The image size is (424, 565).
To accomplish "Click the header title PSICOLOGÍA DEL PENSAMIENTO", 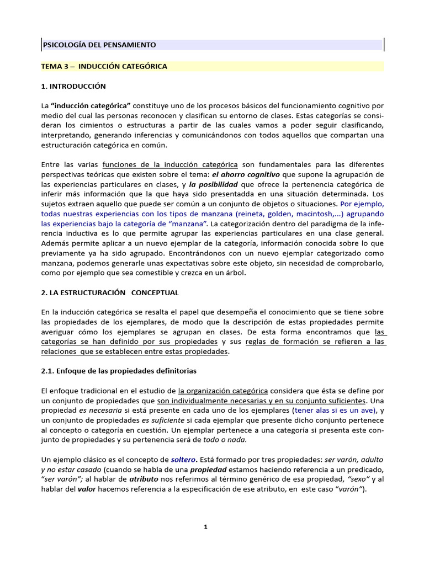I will (99, 45).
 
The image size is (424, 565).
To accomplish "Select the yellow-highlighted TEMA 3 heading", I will (104, 66).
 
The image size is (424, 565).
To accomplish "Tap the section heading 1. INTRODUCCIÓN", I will (73, 87).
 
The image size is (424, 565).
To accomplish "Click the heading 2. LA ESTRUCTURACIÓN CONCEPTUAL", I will (110, 292).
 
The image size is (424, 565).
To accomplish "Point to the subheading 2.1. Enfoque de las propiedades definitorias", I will (119, 371).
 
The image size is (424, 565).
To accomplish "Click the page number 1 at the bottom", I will (205, 527).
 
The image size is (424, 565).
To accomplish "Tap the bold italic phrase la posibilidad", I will (214, 184).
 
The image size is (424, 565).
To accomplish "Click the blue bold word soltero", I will (183, 459).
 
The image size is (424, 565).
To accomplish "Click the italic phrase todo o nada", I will (225, 440).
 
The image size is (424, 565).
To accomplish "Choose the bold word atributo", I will (144, 479).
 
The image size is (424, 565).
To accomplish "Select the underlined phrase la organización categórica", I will (223, 391).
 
